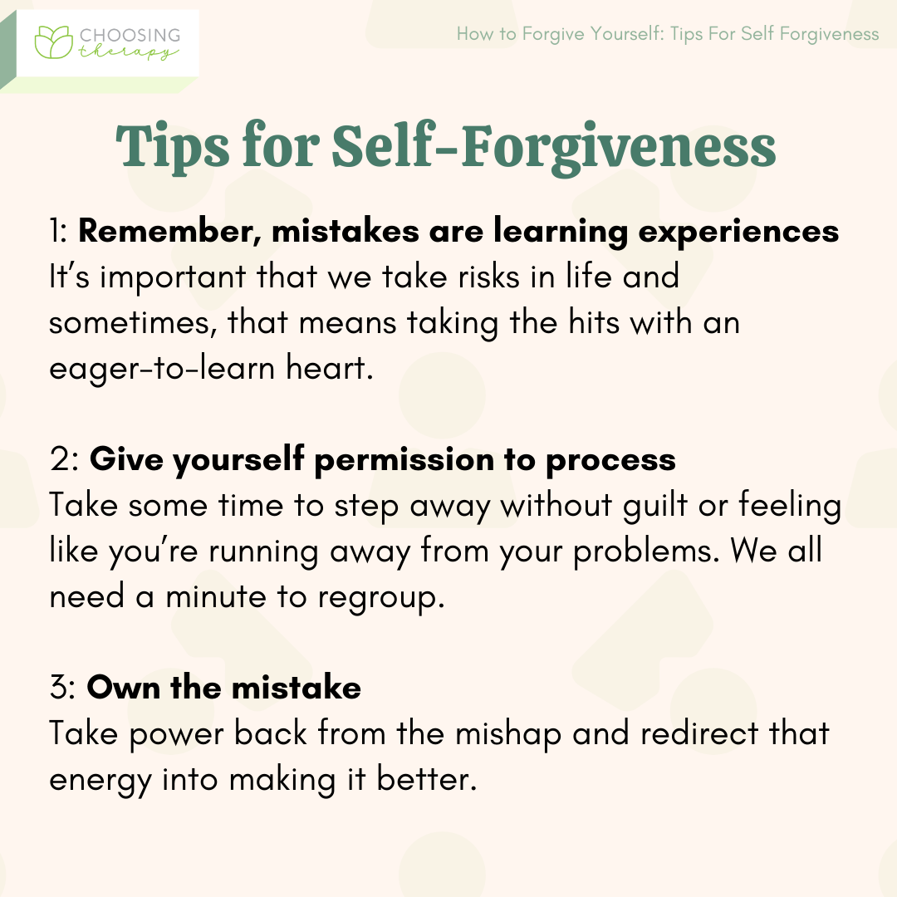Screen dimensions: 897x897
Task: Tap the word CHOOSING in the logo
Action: [x=130, y=35]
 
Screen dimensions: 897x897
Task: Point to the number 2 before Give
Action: [x=60, y=460]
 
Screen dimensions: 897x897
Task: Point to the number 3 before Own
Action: [x=60, y=689]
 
